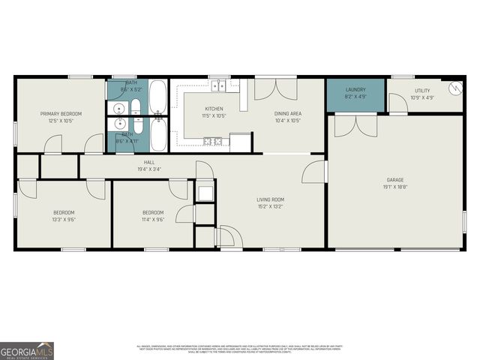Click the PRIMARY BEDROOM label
[x=61, y=113]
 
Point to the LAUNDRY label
[x=355, y=89]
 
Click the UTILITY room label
[x=422, y=91]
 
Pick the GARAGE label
[x=395, y=180]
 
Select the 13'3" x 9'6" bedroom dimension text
[x=64, y=221]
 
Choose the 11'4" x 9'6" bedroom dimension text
[x=153, y=221]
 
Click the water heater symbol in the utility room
[x=454, y=88]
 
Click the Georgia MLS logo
[x=27, y=350]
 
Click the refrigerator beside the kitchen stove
[x=240, y=142]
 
